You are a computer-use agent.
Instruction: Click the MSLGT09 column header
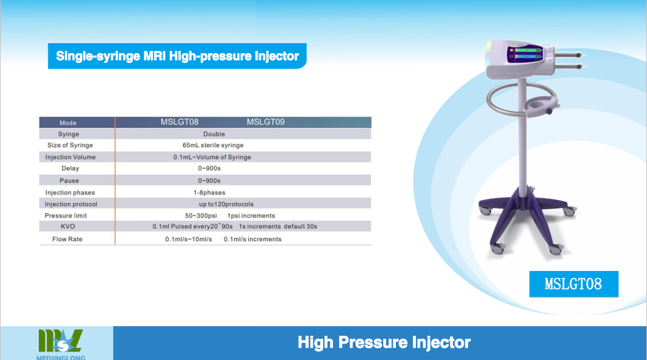point(266,122)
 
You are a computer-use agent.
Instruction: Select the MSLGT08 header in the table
point(179,122)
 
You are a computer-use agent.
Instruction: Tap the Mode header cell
point(68,123)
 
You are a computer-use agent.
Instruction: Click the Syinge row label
point(69,134)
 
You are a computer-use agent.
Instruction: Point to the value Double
point(214,134)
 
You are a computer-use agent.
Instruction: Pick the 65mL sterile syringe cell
point(213,145)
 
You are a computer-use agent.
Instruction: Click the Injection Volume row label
point(70,157)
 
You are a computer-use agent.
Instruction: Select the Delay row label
point(70,168)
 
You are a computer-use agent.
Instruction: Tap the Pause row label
point(69,181)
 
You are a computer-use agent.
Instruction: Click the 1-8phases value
point(210,193)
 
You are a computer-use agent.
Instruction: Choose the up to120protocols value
point(226,204)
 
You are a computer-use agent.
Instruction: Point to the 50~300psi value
point(201,216)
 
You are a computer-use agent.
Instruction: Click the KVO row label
point(68,227)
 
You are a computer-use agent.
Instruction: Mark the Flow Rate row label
point(67,239)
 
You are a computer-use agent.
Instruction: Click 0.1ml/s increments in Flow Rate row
point(252,239)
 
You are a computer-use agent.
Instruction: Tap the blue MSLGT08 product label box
point(574,284)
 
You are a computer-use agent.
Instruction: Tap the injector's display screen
point(525,53)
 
